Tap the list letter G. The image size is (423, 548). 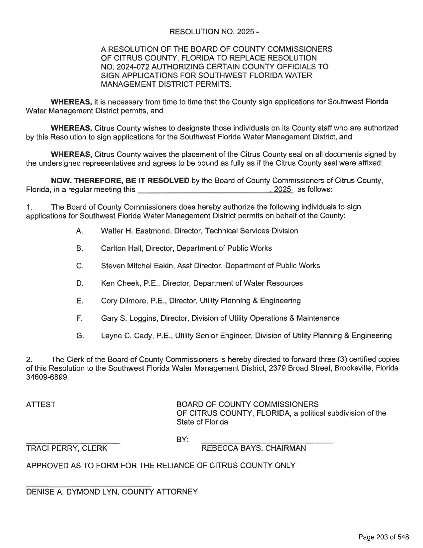point(80,336)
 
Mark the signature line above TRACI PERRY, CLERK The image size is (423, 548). point(73,443)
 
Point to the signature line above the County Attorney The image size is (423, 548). point(89,487)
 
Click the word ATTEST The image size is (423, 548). point(41,405)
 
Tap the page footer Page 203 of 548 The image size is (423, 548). point(383,537)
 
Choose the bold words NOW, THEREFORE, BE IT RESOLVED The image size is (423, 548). point(120,181)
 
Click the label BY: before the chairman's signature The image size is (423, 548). point(182,440)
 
